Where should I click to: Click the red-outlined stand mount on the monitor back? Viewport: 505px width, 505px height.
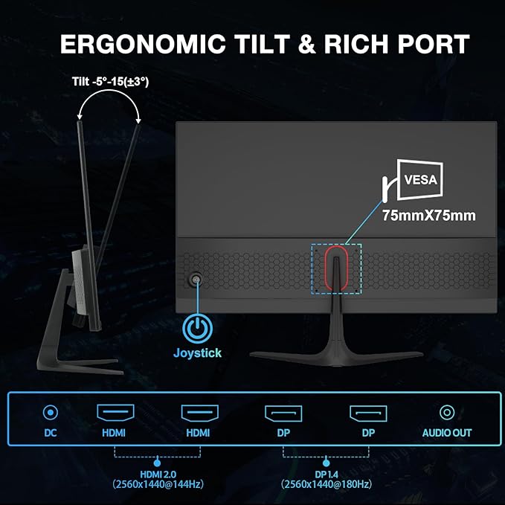(335, 269)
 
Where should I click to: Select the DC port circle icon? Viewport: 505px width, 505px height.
(50, 412)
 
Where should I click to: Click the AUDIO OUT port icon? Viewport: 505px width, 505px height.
(446, 412)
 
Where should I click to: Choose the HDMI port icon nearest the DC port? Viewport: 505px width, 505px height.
(115, 412)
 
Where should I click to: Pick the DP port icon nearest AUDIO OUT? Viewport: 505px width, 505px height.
(367, 412)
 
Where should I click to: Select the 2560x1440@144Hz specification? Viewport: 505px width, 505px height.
(157, 484)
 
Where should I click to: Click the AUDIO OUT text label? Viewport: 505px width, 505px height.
(446, 433)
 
